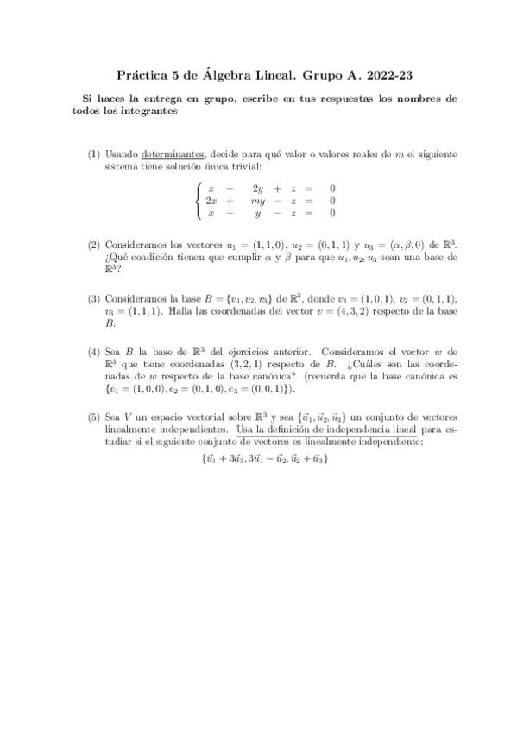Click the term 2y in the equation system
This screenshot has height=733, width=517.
tap(257, 188)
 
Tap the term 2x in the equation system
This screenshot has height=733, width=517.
tap(210, 200)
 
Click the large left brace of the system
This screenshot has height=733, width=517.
tap(199, 200)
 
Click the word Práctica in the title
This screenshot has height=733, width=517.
tap(144, 74)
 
